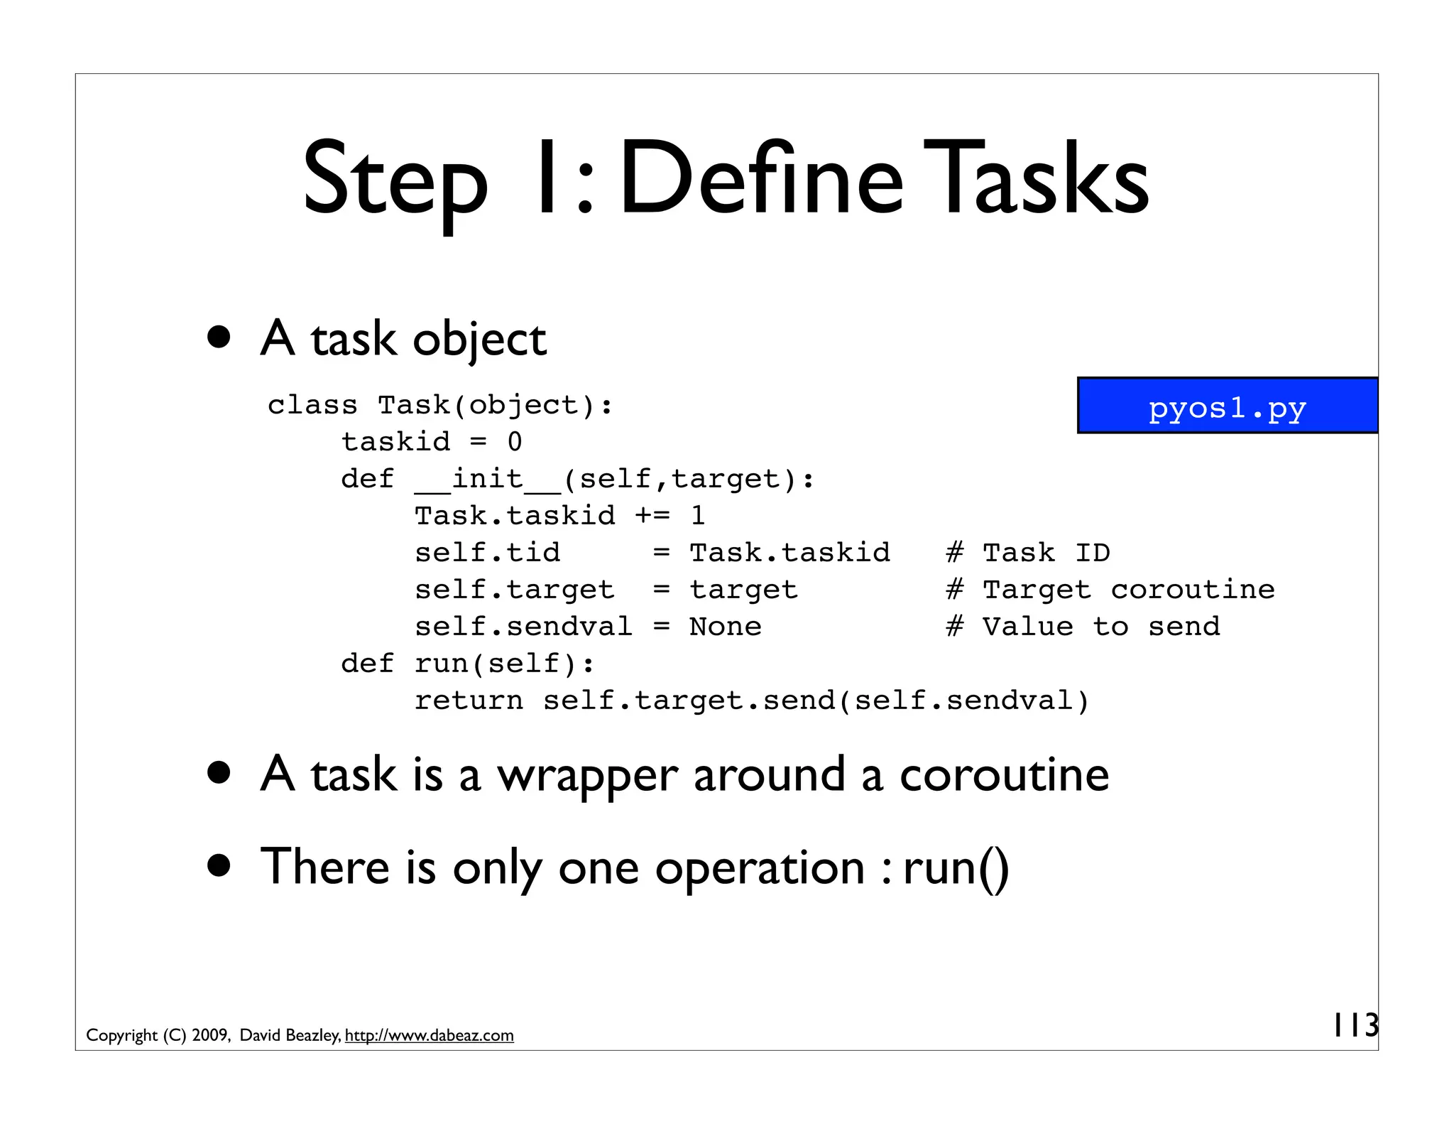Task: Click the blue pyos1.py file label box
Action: coord(1227,406)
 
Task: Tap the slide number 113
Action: coord(1355,1025)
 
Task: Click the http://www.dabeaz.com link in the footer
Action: coord(429,1035)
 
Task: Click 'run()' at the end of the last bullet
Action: coord(956,868)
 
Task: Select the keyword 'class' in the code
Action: coord(312,405)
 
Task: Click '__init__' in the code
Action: coord(488,479)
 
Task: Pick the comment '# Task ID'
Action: coord(1028,553)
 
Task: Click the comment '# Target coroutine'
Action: coord(1110,590)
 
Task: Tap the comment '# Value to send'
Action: coord(1083,627)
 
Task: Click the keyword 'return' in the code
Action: coord(469,701)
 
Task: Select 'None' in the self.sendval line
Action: coord(725,627)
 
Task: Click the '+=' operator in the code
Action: coord(652,516)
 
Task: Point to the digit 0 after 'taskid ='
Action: coord(515,442)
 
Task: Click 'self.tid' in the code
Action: coord(487,553)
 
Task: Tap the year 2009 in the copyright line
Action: coord(210,1035)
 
